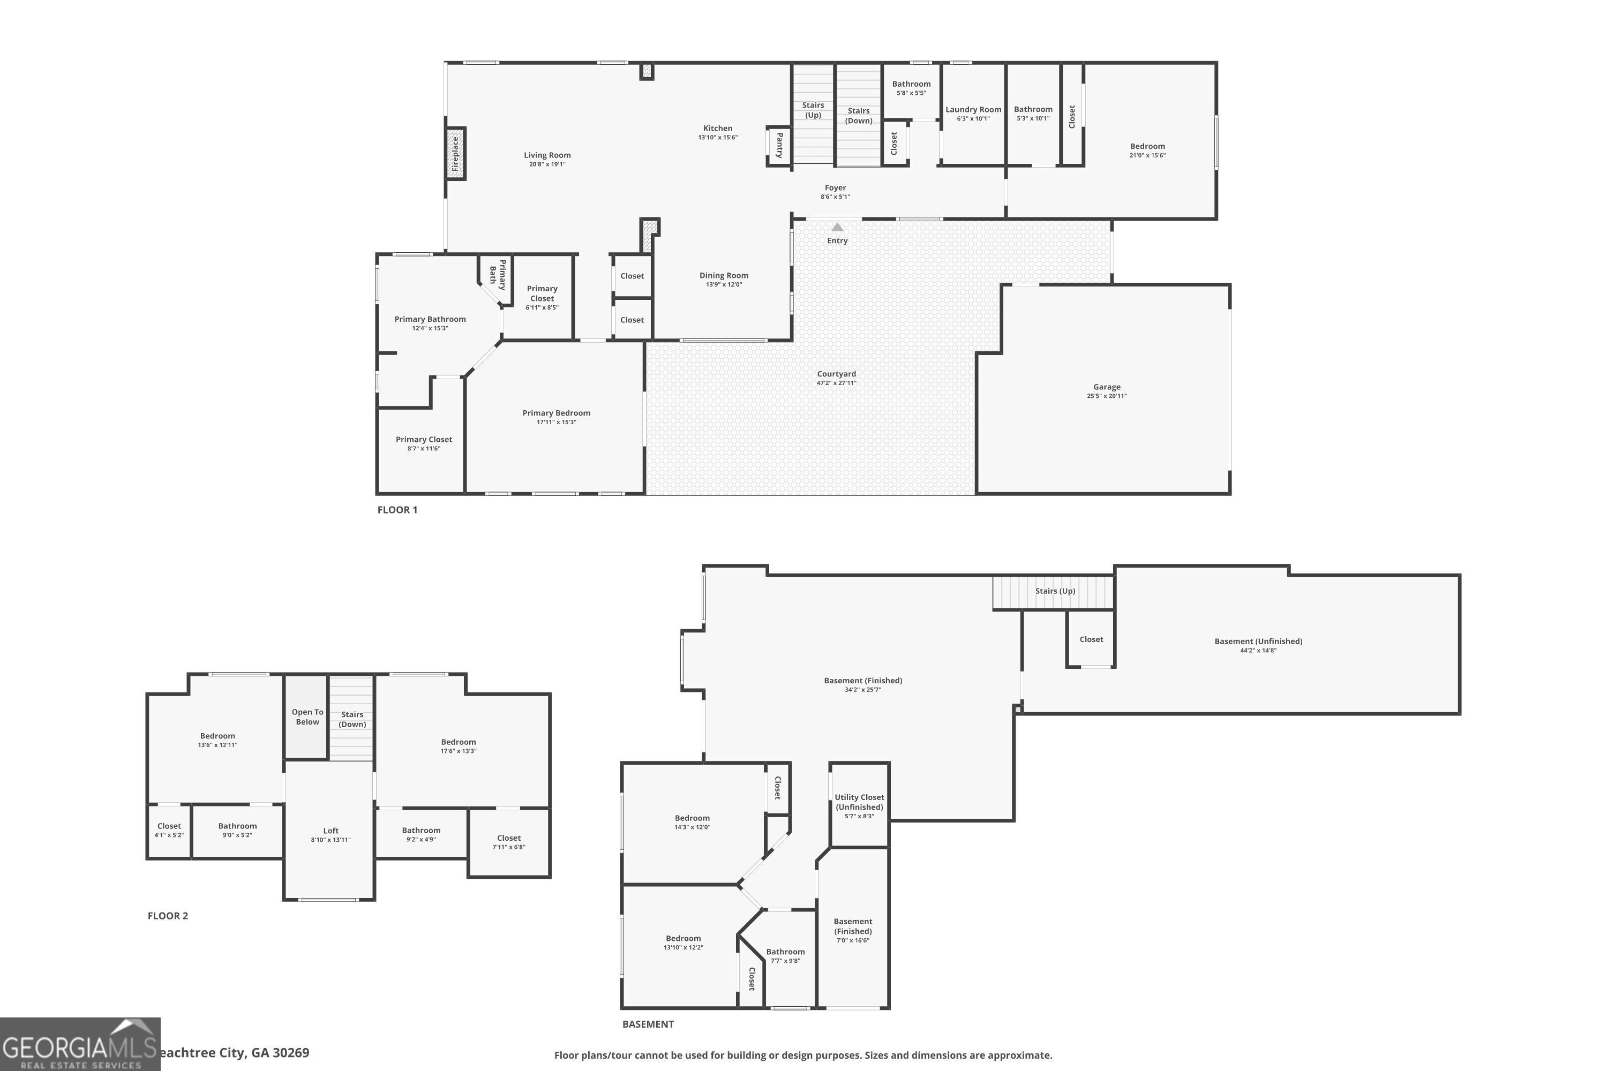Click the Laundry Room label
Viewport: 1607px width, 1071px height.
973,110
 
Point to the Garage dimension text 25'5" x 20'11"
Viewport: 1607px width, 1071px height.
1106,396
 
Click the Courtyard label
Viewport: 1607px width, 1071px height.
836,374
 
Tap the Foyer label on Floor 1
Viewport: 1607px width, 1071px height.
835,188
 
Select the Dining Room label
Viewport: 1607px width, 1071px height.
724,276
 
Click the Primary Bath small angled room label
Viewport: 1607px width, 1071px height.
498,275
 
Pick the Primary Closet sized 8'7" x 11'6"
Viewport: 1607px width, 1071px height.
424,443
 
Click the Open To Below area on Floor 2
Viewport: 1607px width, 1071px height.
307,717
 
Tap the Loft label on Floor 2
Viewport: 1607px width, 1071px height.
331,831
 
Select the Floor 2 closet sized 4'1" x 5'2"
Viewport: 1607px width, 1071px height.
169,830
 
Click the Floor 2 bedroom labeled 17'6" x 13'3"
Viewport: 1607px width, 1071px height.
458,746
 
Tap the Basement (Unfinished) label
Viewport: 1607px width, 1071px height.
1258,642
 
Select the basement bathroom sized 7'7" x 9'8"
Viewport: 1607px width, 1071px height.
785,955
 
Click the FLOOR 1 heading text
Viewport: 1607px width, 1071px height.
397,510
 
